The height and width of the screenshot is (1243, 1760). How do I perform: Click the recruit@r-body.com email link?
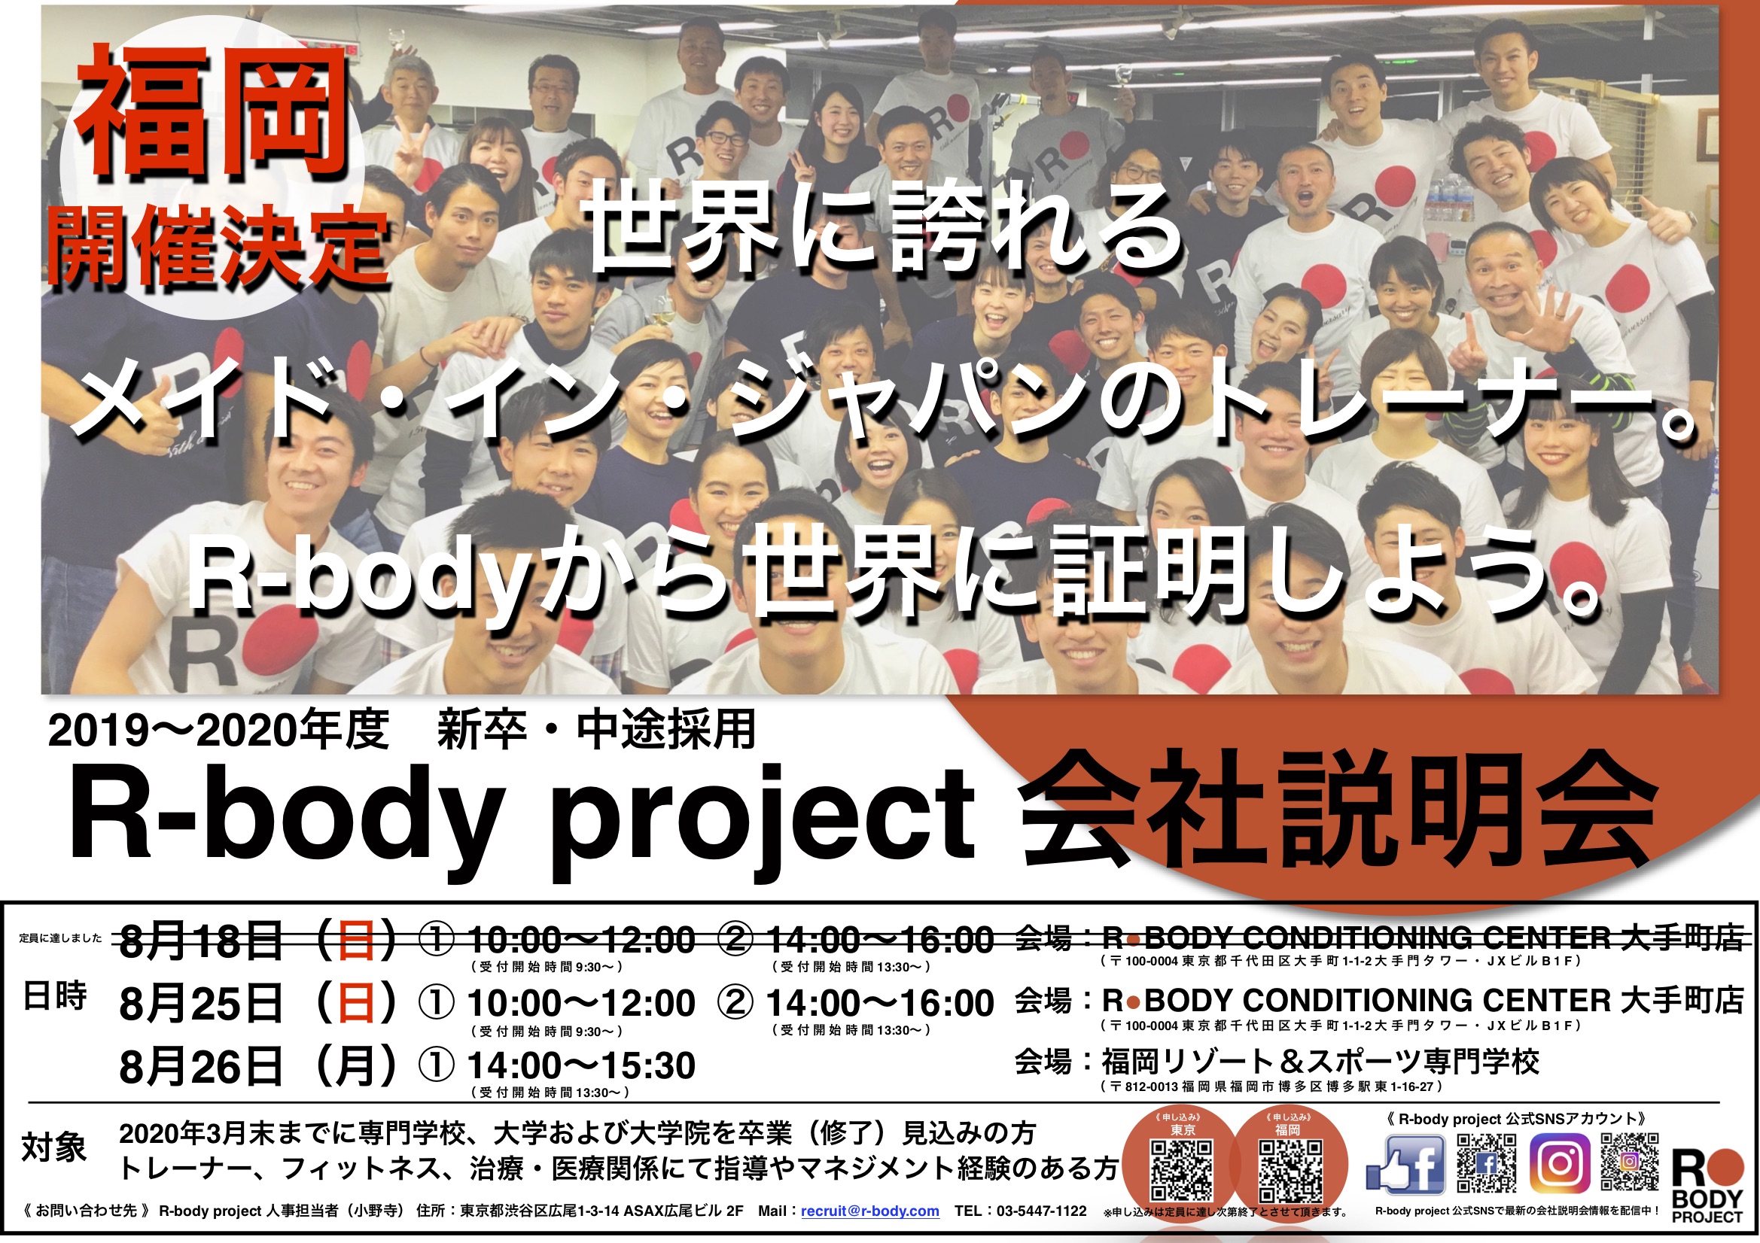pos(870,1211)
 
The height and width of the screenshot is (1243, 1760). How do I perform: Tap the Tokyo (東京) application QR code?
pos(1182,1170)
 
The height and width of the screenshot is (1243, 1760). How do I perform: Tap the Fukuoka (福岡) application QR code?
pos(1291,1170)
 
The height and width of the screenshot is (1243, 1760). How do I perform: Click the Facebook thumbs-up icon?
pos(1406,1164)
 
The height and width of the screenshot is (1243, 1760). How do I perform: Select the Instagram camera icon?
pos(1560,1164)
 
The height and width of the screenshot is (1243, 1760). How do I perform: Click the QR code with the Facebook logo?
pos(1486,1164)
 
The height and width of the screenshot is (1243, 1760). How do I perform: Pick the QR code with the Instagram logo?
pos(1630,1162)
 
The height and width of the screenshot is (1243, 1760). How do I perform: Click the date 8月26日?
pos(201,1066)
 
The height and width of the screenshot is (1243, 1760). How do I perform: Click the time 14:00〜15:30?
pos(581,1066)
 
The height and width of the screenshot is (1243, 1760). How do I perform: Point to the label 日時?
pos(54,995)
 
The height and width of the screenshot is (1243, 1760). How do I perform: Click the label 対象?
pos(53,1148)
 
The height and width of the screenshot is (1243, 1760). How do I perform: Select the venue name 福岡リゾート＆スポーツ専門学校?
pos(1320,1062)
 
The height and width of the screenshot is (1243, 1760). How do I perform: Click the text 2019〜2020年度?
pos(218,730)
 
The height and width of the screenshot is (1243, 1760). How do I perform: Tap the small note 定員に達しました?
pos(60,938)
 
